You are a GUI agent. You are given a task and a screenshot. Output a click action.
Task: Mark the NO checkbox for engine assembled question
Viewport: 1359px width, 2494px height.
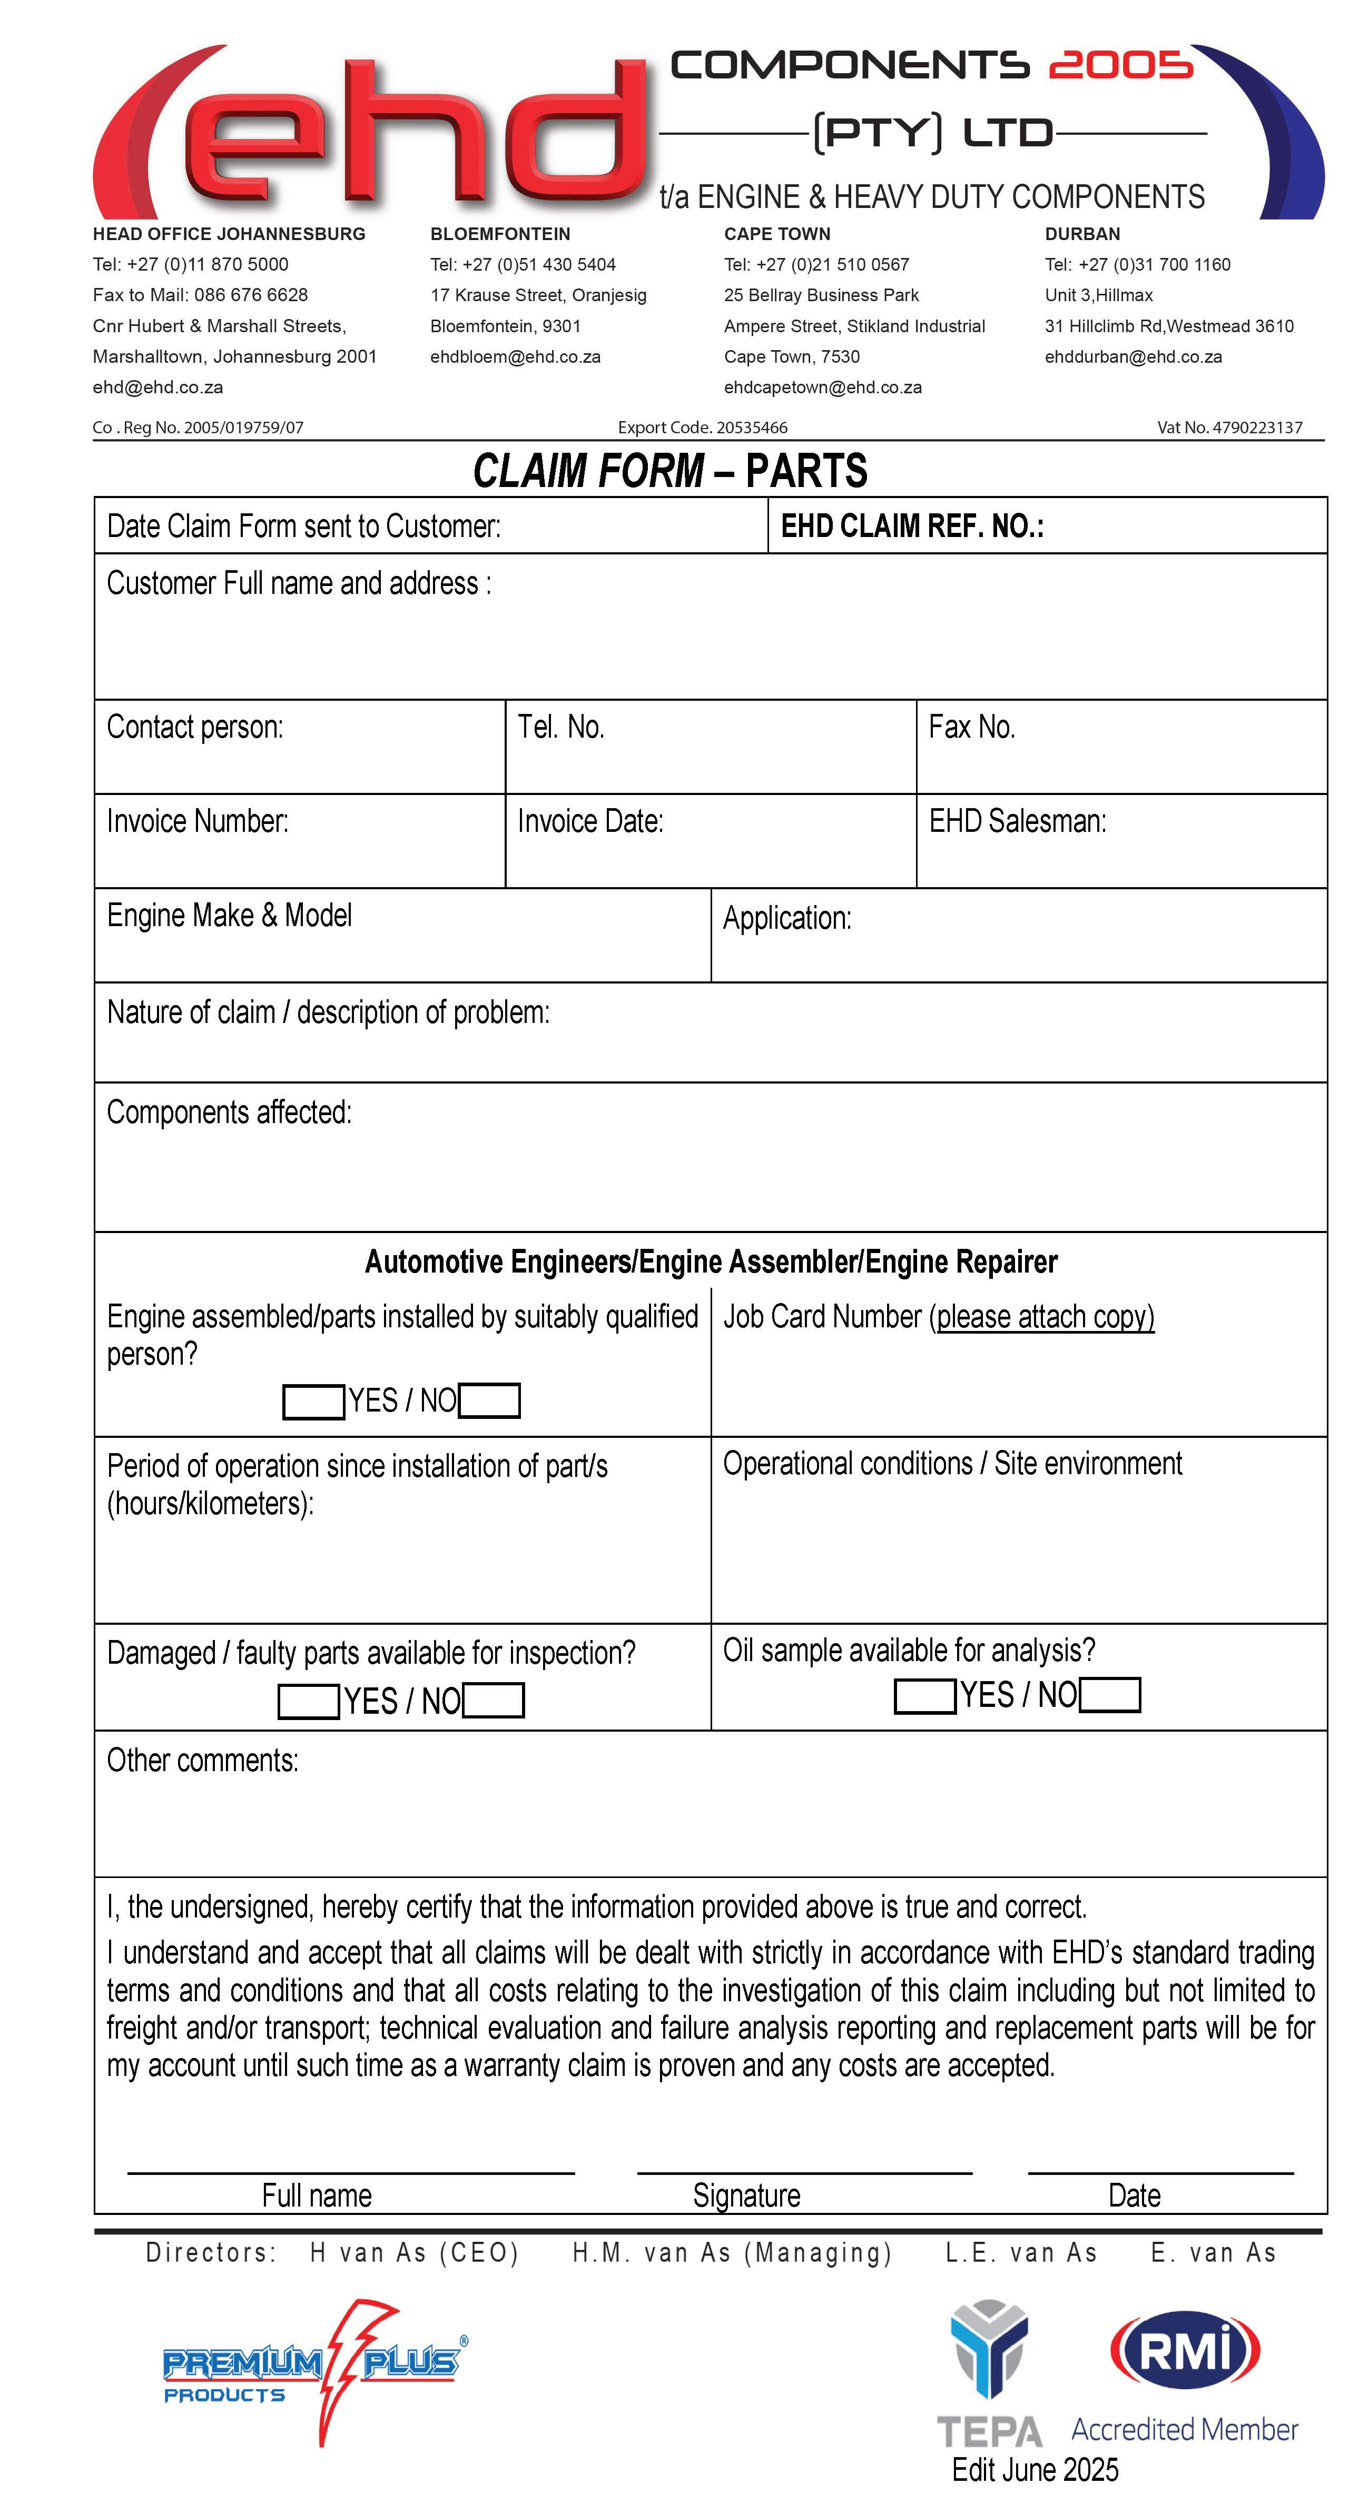(489, 1401)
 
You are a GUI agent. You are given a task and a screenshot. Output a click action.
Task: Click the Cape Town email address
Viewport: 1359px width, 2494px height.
(822, 387)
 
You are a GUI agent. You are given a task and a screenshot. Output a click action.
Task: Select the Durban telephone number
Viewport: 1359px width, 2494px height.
(1137, 264)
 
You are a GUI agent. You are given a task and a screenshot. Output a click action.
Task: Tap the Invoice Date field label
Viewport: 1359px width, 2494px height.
(590, 821)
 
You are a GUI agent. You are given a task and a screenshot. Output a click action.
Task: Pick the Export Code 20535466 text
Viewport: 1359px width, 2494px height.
(702, 427)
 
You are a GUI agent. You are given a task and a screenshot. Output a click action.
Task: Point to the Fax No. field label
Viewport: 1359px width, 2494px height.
(971, 727)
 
